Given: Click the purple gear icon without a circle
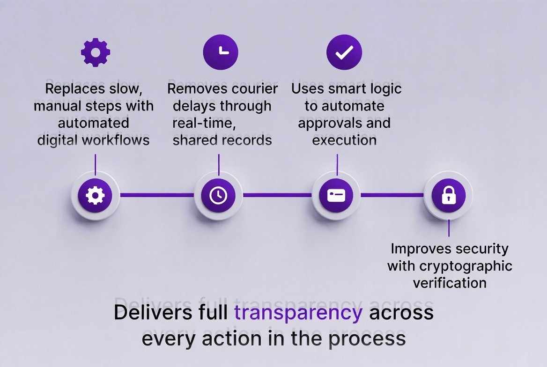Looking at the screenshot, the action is point(96,52).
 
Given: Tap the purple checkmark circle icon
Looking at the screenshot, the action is point(344,52).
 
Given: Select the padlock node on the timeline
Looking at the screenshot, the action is point(448,195).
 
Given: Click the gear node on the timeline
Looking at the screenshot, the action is point(96,195).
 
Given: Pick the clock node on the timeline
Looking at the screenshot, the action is point(218,195).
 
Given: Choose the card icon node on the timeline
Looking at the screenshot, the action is point(336,195).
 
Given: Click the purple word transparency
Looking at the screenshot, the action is point(298,313).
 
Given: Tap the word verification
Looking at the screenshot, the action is point(450,282).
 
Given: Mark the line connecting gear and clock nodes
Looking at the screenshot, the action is point(157,195).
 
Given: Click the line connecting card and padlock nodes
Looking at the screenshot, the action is point(392,195).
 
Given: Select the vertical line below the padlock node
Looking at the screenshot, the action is point(449,228).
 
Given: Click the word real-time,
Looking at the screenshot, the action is point(202,123).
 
